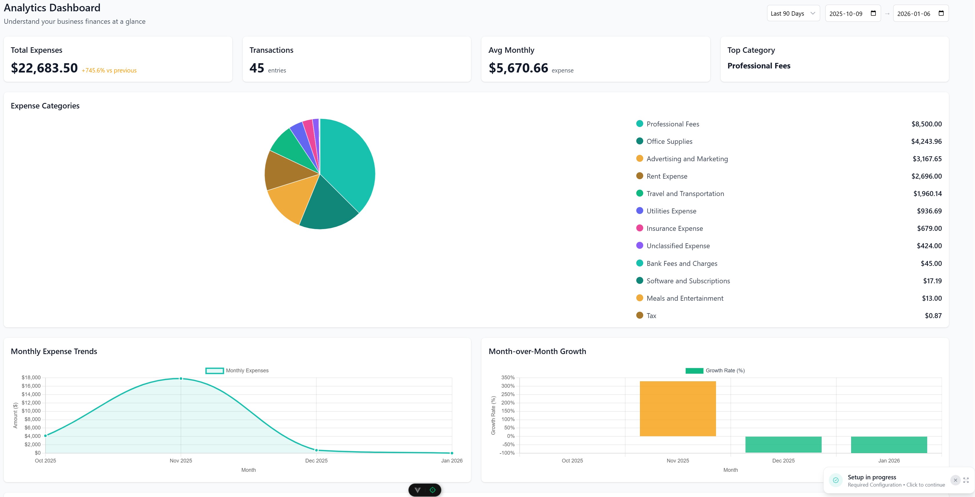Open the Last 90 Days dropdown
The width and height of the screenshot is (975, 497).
(x=793, y=13)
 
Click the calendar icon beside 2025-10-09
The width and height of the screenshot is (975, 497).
(x=873, y=13)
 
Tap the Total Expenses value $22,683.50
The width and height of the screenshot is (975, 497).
(x=44, y=68)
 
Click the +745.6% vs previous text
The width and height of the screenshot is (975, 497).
(x=109, y=70)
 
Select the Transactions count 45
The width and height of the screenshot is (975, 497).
(x=257, y=68)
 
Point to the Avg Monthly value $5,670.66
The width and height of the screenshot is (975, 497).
(x=518, y=68)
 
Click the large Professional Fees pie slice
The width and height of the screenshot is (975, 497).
(x=348, y=163)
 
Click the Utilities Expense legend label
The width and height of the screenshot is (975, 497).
(x=671, y=211)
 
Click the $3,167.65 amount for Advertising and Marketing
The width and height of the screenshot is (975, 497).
(x=927, y=159)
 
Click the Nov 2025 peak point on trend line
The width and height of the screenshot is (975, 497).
(x=181, y=378)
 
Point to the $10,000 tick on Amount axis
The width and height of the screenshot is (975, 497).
(x=31, y=411)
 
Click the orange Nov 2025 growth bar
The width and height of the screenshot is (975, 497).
(x=677, y=409)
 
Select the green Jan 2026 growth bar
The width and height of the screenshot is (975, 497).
(x=889, y=445)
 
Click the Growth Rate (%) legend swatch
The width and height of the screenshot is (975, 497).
(x=694, y=371)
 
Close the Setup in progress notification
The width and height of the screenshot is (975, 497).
(x=955, y=480)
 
